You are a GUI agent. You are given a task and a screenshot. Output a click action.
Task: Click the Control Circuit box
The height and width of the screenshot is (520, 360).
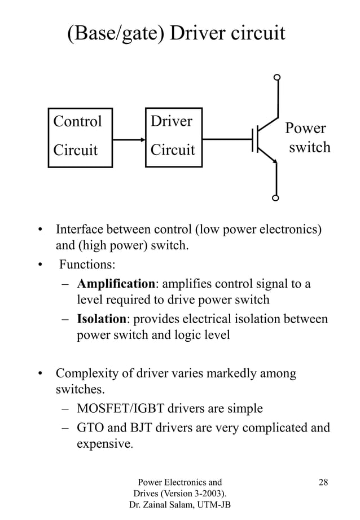(80, 138)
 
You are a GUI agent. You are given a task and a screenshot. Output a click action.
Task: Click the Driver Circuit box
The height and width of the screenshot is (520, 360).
(173, 137)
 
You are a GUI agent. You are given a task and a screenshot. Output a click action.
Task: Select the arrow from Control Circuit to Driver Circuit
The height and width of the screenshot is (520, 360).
(129, 139)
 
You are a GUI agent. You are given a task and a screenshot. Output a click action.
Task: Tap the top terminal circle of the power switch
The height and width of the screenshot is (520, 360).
(276, 78)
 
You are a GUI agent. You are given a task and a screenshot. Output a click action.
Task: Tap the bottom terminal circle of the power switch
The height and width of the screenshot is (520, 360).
(276, 198)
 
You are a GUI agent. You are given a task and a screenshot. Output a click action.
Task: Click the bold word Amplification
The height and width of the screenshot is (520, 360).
(116, 283)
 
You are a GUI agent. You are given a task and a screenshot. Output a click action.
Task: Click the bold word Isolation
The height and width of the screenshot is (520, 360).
(102, 319)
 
